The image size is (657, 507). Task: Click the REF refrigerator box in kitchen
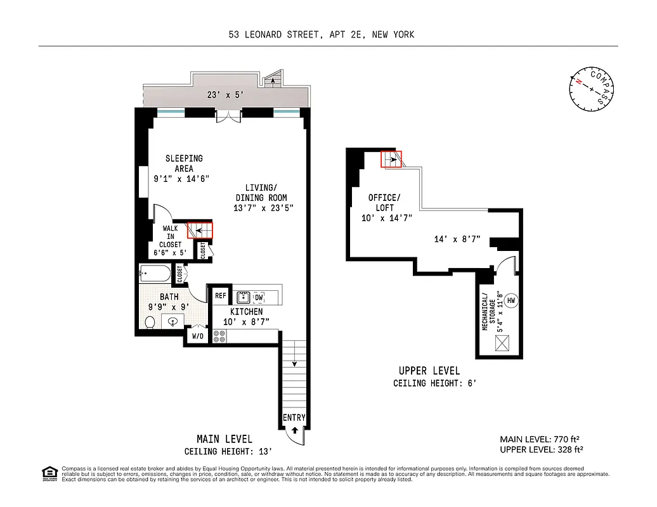pos(221,295)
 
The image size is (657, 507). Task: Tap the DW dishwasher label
pos(259,297)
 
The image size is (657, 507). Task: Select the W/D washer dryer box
pos(197,337)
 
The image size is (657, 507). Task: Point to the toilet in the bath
pos(150,323)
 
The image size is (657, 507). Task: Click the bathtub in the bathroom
pos(155,274)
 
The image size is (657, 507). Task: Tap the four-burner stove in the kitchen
pos(219,337)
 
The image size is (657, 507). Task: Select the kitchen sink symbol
pos(242,297)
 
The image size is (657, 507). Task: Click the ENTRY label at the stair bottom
pos(294,418)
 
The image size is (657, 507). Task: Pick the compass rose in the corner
pos(592,89)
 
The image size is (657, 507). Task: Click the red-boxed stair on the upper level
pos(391,158)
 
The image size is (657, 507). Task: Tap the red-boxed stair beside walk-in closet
pos(200,230)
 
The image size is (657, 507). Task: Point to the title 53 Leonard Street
pos(322,35)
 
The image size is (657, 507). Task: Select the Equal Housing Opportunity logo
pos(49,473)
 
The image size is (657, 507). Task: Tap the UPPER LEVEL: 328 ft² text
pos(541,449)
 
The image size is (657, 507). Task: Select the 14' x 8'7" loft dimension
pos(457,240)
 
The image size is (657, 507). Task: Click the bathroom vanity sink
pos(173,322)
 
